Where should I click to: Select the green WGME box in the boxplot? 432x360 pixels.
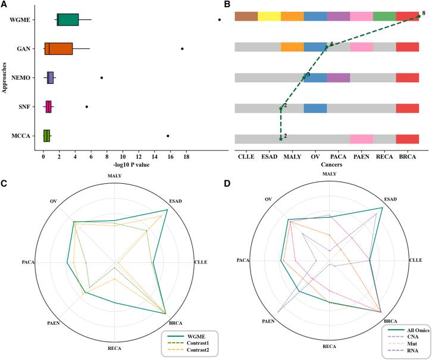(x=68, y=20)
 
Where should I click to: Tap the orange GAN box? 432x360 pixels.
(x=58, y=49)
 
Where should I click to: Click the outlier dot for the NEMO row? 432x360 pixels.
(x=102, y=77)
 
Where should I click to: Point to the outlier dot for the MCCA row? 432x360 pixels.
(x=168, y=136)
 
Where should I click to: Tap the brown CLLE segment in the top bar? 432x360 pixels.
(x=246, y=17)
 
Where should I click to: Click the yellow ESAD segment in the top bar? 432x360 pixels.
(x=269, y=17)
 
